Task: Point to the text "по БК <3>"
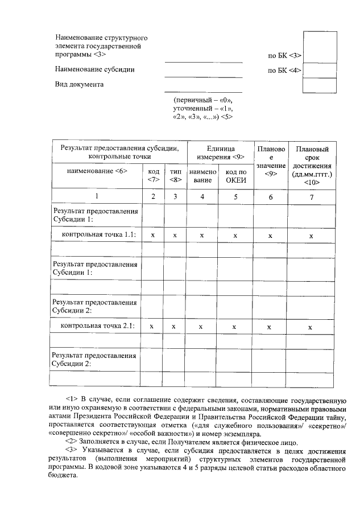pos(284,56)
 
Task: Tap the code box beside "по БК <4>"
pos(320,70)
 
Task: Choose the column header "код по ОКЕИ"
pos(235,176)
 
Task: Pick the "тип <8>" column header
pos(175,176)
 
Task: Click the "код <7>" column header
pos(153,176)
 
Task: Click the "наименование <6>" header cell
pos(97,171)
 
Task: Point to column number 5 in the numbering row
pos(235,196)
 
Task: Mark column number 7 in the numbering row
pos(311,197)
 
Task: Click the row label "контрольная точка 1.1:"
pos(99,234)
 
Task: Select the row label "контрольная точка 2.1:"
pos(98,326)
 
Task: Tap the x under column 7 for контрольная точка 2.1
pos(310,327)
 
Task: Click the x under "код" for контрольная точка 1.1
pos(152,235)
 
